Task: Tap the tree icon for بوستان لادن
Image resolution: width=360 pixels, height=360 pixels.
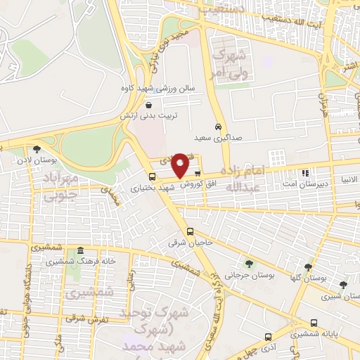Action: (36, 148)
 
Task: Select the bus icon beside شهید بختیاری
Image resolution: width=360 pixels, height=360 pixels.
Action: (153, 176)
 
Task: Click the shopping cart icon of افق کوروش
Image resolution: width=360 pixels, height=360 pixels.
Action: (198, 172)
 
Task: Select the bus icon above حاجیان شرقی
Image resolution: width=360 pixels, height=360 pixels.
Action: (190, 231)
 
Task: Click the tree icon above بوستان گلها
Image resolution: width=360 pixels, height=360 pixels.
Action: (308, 266)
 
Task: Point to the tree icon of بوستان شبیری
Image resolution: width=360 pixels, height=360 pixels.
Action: (342, 285)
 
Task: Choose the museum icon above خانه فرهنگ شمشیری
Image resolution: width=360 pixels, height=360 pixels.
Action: (81, 251)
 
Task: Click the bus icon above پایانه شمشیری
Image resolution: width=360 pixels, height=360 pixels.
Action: (314, 323)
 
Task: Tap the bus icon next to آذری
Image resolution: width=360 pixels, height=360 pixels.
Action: (266, 337)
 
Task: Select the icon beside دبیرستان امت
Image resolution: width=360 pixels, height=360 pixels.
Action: (305, 172)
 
